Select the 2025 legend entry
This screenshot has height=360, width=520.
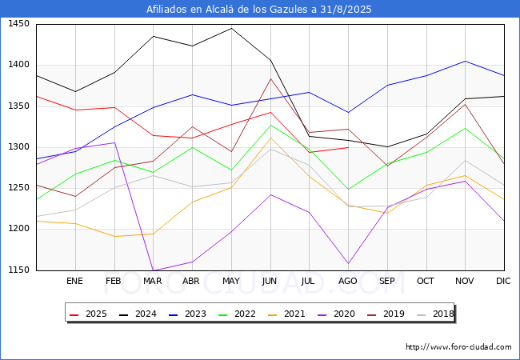88,314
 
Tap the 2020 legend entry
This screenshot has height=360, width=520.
336,314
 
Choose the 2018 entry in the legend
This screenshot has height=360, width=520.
435,314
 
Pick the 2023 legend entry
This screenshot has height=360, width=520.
187,314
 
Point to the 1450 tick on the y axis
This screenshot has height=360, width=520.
18,24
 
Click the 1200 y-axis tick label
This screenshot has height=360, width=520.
18,228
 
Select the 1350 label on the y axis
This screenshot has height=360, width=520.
18,106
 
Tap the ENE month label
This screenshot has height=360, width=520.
74,281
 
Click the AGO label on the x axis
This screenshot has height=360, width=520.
347,281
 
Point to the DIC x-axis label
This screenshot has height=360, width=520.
503,281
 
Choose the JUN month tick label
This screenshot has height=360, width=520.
270,281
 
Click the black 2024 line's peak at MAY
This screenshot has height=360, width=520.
231,28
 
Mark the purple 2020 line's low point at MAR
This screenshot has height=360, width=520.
154,270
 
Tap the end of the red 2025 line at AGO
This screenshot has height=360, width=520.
348,147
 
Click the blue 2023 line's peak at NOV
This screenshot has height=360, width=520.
466,61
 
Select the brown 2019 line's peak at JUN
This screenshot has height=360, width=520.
270,78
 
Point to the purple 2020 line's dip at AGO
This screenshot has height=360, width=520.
348,263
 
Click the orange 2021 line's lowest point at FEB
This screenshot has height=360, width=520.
114,236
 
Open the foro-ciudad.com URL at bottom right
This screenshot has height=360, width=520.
458,347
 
